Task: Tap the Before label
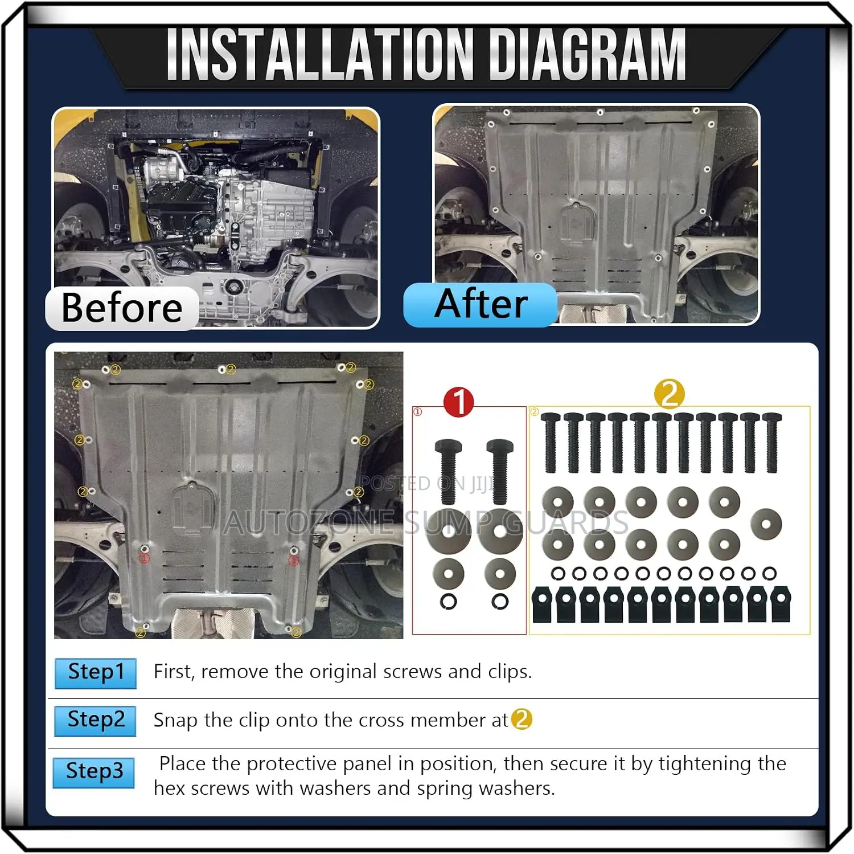tap(122, 308)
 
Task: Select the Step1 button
tap(96, 673)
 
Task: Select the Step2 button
tap(96, 721)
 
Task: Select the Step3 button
tap(94, 773)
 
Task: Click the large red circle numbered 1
tap(458, 402)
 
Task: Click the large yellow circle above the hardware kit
tap(670, 394)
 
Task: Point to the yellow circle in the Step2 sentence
tap(522, 720)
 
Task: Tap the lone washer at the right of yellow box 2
tap(766, 524)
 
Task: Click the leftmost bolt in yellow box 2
tap(551, 443)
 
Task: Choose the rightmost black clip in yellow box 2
tap(781, 605)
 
